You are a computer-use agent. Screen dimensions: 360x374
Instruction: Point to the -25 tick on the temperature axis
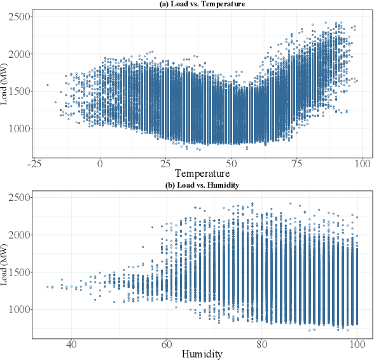(x=35, y=163)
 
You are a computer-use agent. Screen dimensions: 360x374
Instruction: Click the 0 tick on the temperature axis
(x=100, y=163)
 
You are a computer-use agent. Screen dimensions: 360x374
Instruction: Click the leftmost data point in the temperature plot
(x=47, y=85)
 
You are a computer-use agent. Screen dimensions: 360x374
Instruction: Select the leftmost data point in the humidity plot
(x=48, y=287)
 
